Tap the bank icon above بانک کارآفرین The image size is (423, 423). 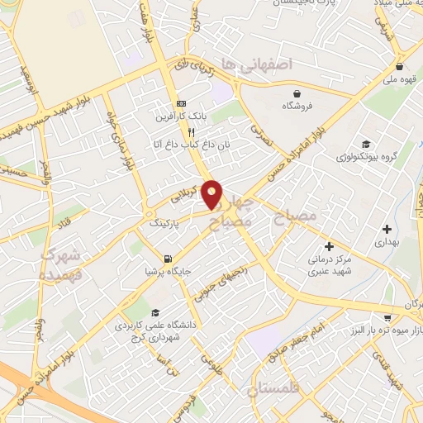tap(182, 103)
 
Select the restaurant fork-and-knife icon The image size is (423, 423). tap(191, 131)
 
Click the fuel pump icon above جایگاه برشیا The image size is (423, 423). tap(169, 258)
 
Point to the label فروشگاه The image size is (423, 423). tap(297, 107)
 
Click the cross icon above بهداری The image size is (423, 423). tap(387, 228)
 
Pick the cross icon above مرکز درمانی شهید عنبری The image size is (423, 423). tap(329, 245)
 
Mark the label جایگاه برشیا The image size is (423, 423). tap(162, 271)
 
